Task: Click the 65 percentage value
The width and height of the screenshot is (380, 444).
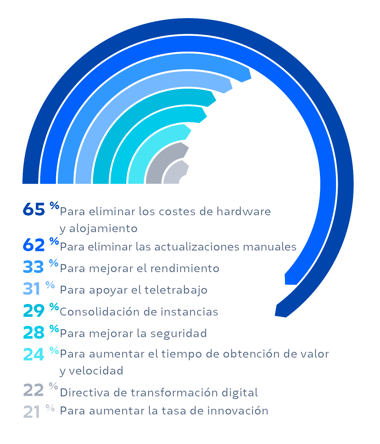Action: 34,209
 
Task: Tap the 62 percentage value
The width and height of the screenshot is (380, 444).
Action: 34,245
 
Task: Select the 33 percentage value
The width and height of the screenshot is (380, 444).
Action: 34,267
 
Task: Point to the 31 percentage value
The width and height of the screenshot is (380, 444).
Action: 32,289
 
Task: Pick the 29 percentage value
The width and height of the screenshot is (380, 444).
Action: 34,310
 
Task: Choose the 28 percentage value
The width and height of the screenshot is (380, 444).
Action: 34,332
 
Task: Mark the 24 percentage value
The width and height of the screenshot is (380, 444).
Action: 34,354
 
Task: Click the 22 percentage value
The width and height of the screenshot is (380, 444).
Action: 34,390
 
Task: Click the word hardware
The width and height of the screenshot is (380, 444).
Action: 244,211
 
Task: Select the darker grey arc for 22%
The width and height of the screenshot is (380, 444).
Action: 163,158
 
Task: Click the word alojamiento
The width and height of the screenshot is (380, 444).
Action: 103,228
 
